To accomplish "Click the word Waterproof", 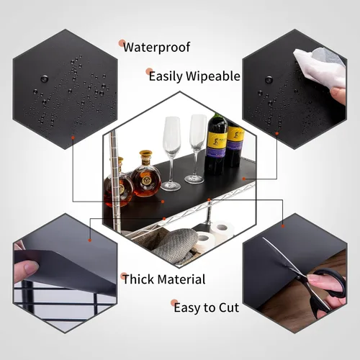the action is [157, 48].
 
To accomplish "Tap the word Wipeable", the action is [213, 76].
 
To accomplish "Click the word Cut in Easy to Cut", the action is [228, 307].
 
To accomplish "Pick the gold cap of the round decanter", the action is [145, 154].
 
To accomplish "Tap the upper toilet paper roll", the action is [222, 228].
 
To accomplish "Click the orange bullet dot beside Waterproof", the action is [122, 43].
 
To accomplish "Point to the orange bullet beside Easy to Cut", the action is [174, 303].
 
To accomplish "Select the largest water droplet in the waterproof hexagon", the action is [45, 78].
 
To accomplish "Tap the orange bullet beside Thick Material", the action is [124, 276].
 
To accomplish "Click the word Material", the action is [181, 279].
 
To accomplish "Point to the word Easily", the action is [166, 77].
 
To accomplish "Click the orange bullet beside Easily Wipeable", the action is [149, 71].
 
